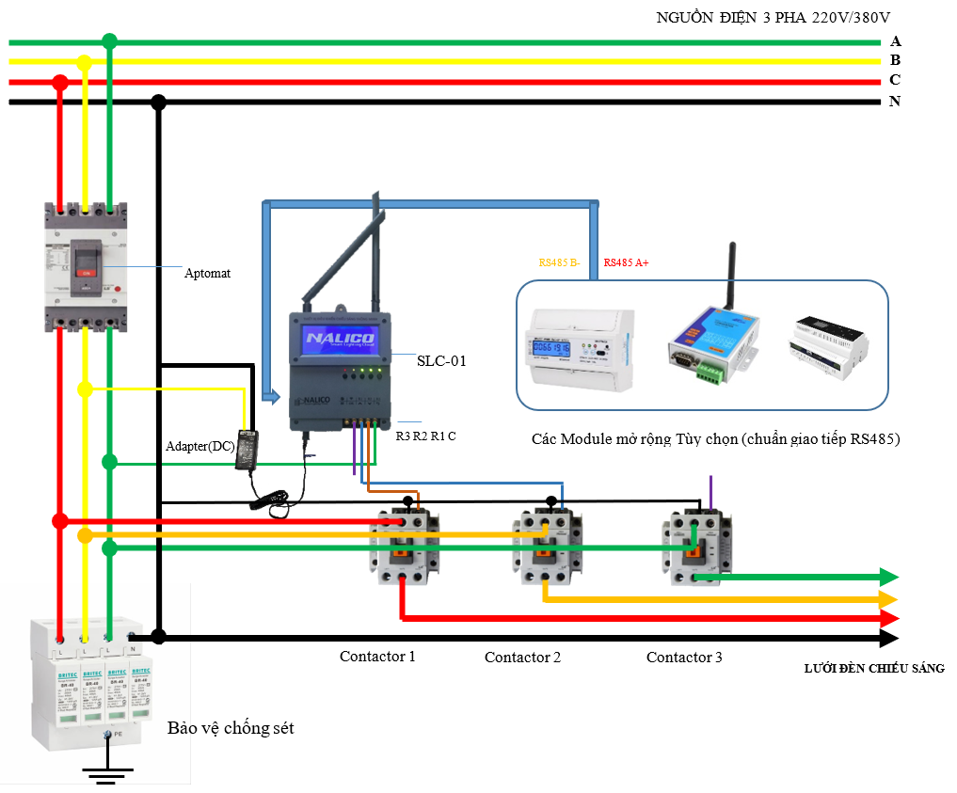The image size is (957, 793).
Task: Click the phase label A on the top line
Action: coord(895,41)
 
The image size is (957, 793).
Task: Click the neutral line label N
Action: coord(895,102)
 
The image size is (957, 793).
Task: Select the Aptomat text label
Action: coord(207,274)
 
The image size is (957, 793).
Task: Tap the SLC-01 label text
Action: coord(442,360)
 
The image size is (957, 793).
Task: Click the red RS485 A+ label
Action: coord(626,263)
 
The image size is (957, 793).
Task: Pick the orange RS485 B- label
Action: coord(561,263)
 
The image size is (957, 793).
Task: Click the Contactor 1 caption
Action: coord(377,657)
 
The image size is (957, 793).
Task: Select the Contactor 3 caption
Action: coord(684,658)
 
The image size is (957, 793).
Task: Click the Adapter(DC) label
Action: coord(199,445)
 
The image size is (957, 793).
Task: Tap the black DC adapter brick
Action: coord(250,445)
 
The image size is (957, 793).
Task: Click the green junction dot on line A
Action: coord(109,41)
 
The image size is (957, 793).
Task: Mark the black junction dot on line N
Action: coord(159,102)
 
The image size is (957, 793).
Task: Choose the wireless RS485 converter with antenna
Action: coord(713,339)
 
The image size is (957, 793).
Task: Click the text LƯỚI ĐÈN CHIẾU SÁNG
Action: coord(873,669)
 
